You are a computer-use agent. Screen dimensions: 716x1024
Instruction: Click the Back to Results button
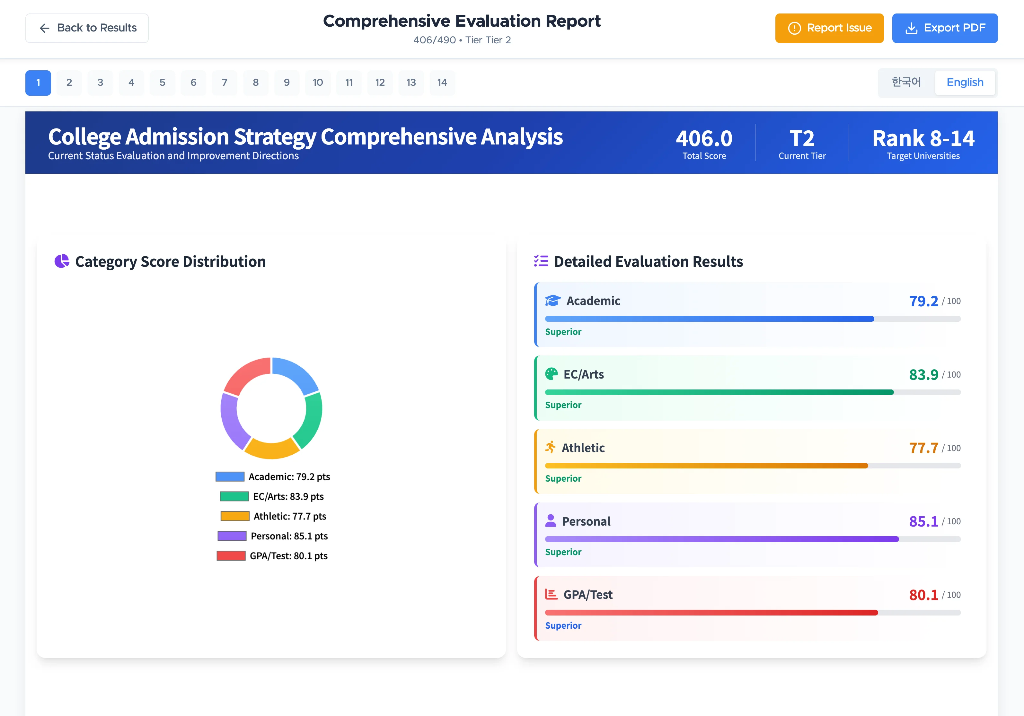point(87,28)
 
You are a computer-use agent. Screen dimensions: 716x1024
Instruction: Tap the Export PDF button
point(945,28)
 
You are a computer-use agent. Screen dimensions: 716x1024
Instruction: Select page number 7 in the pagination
point(224,83)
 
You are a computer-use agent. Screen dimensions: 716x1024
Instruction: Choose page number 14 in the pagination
point(442,83)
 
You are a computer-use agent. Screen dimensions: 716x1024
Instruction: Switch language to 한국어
point(906,83)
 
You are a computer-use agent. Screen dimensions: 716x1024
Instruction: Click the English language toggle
point(965,83)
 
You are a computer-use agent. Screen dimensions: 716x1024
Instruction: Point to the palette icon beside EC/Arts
point(551,374)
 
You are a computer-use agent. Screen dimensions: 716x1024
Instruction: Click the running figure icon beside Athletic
point(550,447)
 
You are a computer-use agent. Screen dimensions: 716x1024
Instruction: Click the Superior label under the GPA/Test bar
point(563,625)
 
